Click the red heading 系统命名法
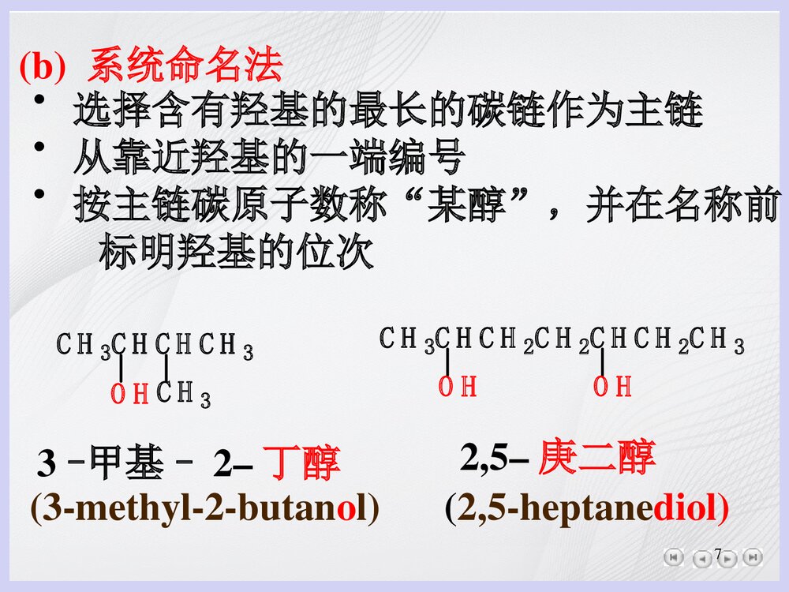click(x=185, y=66)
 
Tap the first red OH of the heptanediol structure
click(x=458, y=387)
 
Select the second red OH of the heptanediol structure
click(x=613, y=387)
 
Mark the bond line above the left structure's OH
click(x=121, y=369)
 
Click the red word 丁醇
click(x=301, y=464)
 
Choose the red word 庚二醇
click(x=596, y=457)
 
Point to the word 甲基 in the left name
click(x=126, y=464)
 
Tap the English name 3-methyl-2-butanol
click(x=204, y=510)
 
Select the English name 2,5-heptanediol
click(x=587, y=510)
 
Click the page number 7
click(x=718, y=553)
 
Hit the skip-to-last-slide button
click(x=753, y=557)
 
